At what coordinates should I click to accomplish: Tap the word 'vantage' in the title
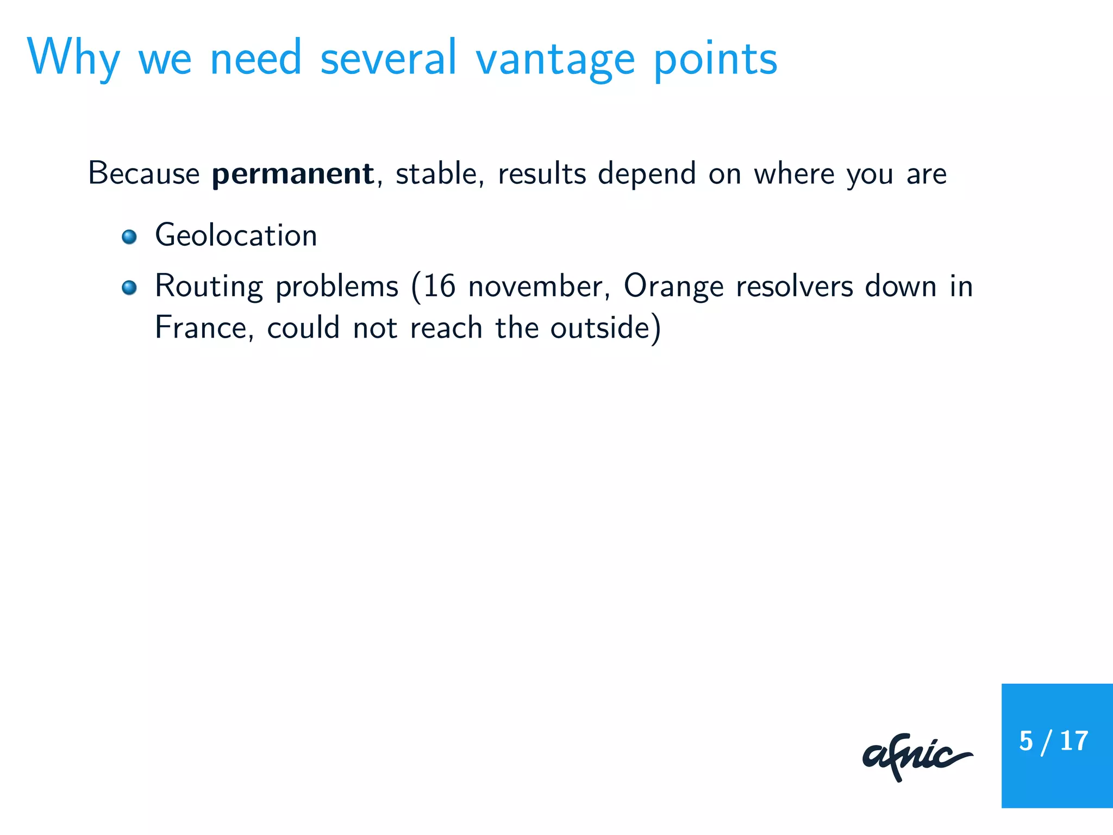555,60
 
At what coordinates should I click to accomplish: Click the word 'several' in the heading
389,59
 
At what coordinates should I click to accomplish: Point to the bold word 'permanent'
292,174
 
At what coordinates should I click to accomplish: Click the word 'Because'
144,174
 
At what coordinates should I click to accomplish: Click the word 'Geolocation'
236,236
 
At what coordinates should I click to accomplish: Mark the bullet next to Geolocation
129,237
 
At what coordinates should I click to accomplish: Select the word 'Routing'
209,287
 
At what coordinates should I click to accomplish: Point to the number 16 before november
439,286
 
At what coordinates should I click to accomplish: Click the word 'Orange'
673,287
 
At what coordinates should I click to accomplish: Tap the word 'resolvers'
795,286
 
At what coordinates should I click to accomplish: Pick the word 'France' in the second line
201,328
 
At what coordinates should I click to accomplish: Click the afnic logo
916,757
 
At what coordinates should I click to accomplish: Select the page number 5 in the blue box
1026,741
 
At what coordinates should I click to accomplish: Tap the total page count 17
1074,741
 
